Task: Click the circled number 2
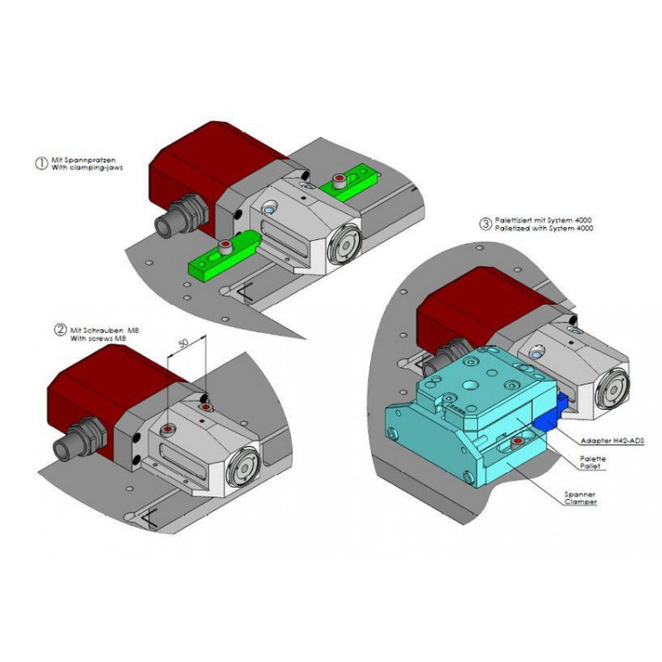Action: pos(60,330)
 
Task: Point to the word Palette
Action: pos(593,459)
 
